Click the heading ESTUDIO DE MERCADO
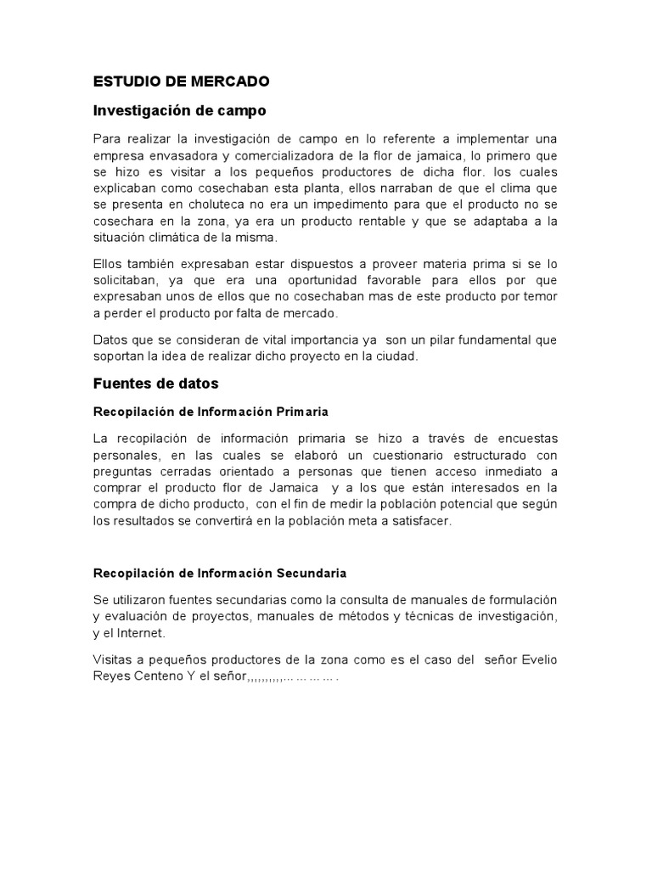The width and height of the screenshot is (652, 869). pos(181,82)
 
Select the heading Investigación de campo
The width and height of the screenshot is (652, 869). pos(179,110)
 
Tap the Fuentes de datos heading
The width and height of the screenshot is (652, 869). pos(155,384)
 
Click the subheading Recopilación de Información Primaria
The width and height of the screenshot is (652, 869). pos(210,412)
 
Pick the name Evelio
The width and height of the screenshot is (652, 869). pos(538,660)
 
